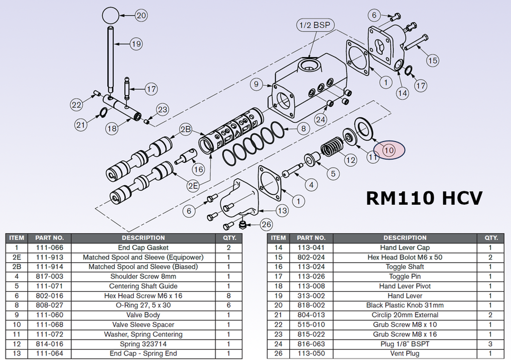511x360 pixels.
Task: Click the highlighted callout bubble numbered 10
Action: [389, 149]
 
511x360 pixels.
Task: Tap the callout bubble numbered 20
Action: [141, 15]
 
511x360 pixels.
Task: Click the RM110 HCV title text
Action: [424, 198]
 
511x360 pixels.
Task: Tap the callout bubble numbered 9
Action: [256, 85]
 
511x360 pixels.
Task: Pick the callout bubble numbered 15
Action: [432, 60]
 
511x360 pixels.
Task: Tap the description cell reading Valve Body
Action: [143, 315]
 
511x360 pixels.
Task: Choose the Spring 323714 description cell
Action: [143, 344]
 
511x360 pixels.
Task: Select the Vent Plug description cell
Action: [405, 354]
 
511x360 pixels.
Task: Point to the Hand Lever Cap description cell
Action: [405, 248]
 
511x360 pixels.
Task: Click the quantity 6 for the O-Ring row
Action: [229, 305]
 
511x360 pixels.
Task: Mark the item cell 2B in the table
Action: [16, 267]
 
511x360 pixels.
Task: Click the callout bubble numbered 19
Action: [136, 44]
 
